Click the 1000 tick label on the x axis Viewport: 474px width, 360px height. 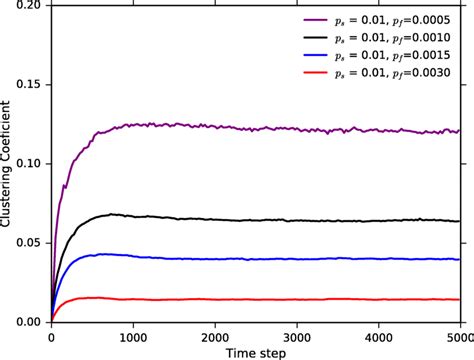coord(133,336)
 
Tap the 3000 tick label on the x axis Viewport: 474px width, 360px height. coord(297,336)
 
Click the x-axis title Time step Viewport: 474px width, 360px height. coord(255,351)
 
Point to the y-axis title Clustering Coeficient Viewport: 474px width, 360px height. coord(8,165)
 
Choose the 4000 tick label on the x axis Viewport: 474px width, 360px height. coord(379,336)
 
